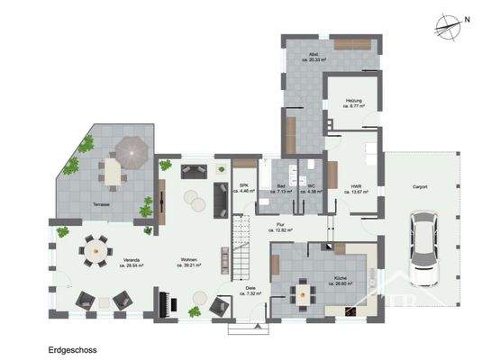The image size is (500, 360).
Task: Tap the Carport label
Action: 420,187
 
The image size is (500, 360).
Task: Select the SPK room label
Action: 243,187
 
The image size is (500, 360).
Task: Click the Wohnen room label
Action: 188,263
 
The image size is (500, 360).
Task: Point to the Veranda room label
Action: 136,263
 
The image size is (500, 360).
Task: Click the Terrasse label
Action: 102,205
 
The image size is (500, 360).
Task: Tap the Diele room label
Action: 250,290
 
